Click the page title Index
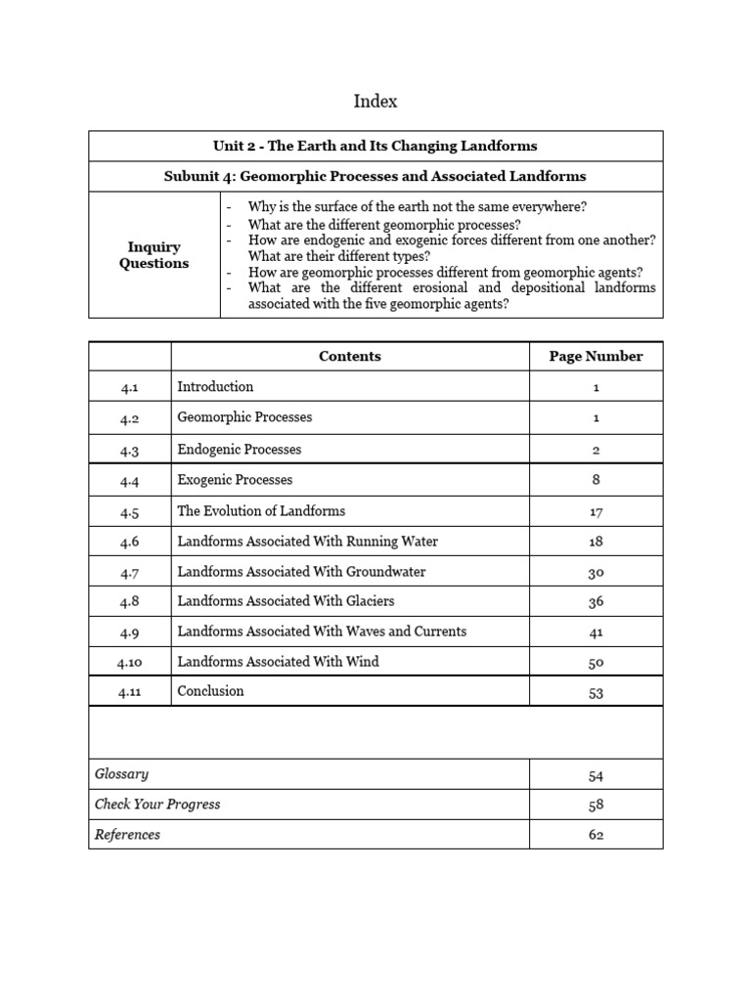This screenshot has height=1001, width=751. coord(375,102)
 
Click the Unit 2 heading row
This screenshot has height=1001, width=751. coord(375,146)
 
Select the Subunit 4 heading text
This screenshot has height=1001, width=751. coord(375,176)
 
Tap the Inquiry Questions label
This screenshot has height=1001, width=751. coord(154,255)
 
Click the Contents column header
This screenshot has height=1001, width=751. coord(350,357)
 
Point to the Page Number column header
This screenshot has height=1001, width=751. coord(596,357)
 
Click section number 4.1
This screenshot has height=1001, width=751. coord(130,387)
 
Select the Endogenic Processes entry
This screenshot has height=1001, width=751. coord(240,450)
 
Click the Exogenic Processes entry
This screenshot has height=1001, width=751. coord(235,480)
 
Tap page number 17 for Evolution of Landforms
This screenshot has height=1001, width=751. coord(596,511)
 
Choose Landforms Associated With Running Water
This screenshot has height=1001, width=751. coord(308,542)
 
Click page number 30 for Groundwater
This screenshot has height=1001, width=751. coord(596,572)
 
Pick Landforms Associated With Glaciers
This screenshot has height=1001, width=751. coord(287,601)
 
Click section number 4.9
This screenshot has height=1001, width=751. coord(130,632)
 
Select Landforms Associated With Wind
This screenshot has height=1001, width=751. coord(279,662)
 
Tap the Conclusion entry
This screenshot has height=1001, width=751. coord(211,691)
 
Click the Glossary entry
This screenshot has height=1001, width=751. coord(122,774)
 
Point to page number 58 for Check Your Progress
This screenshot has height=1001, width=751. coord(596,805)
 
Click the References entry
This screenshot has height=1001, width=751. coord(128,835)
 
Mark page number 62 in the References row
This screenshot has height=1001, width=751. coord(596,836)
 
